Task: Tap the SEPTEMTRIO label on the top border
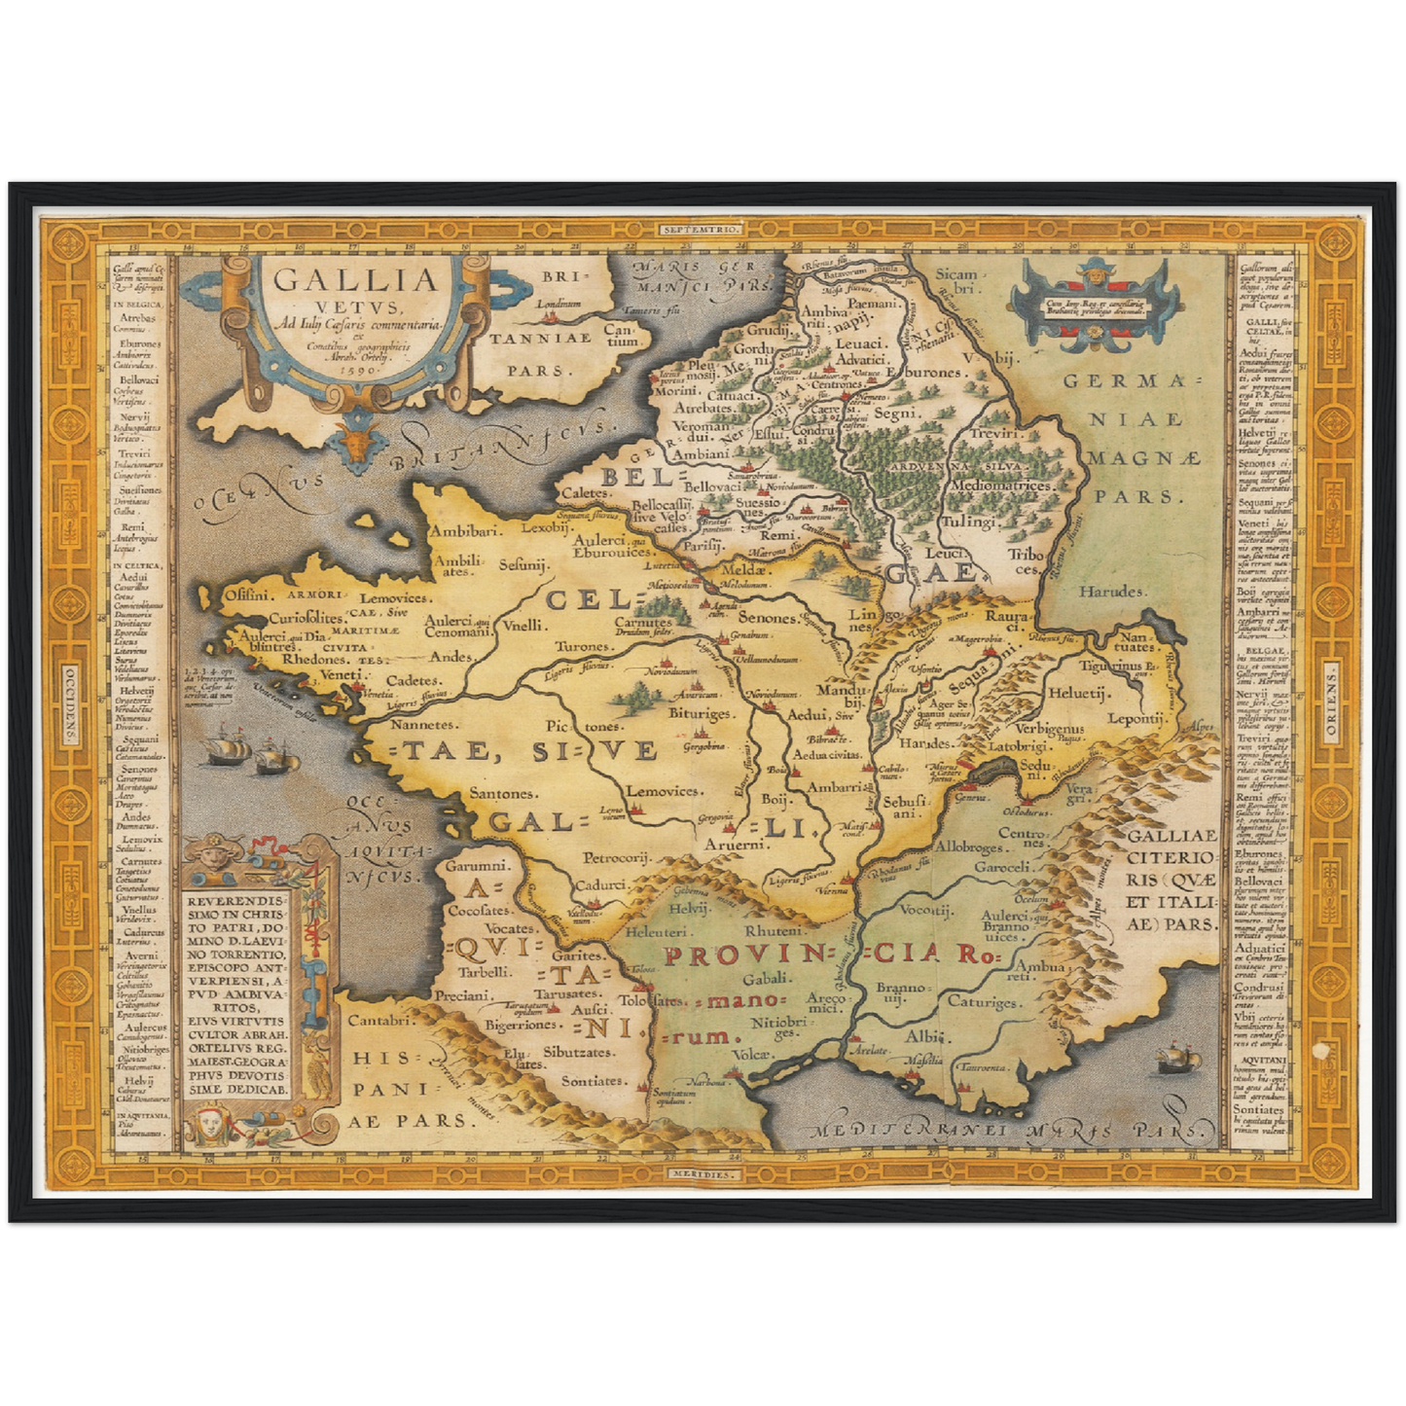[x=703, y=229]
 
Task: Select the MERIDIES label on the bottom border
[x=703, y=1174]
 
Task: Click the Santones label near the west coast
[x=502, y=794]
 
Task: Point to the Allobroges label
[x=968, y=847]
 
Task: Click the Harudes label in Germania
[x=1112, y=591]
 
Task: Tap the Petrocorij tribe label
[x=616, y=858]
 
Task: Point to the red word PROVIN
[x=743, y=955]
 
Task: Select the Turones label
[x=583, y=646]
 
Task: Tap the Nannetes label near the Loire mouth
[x=422, y=725]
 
